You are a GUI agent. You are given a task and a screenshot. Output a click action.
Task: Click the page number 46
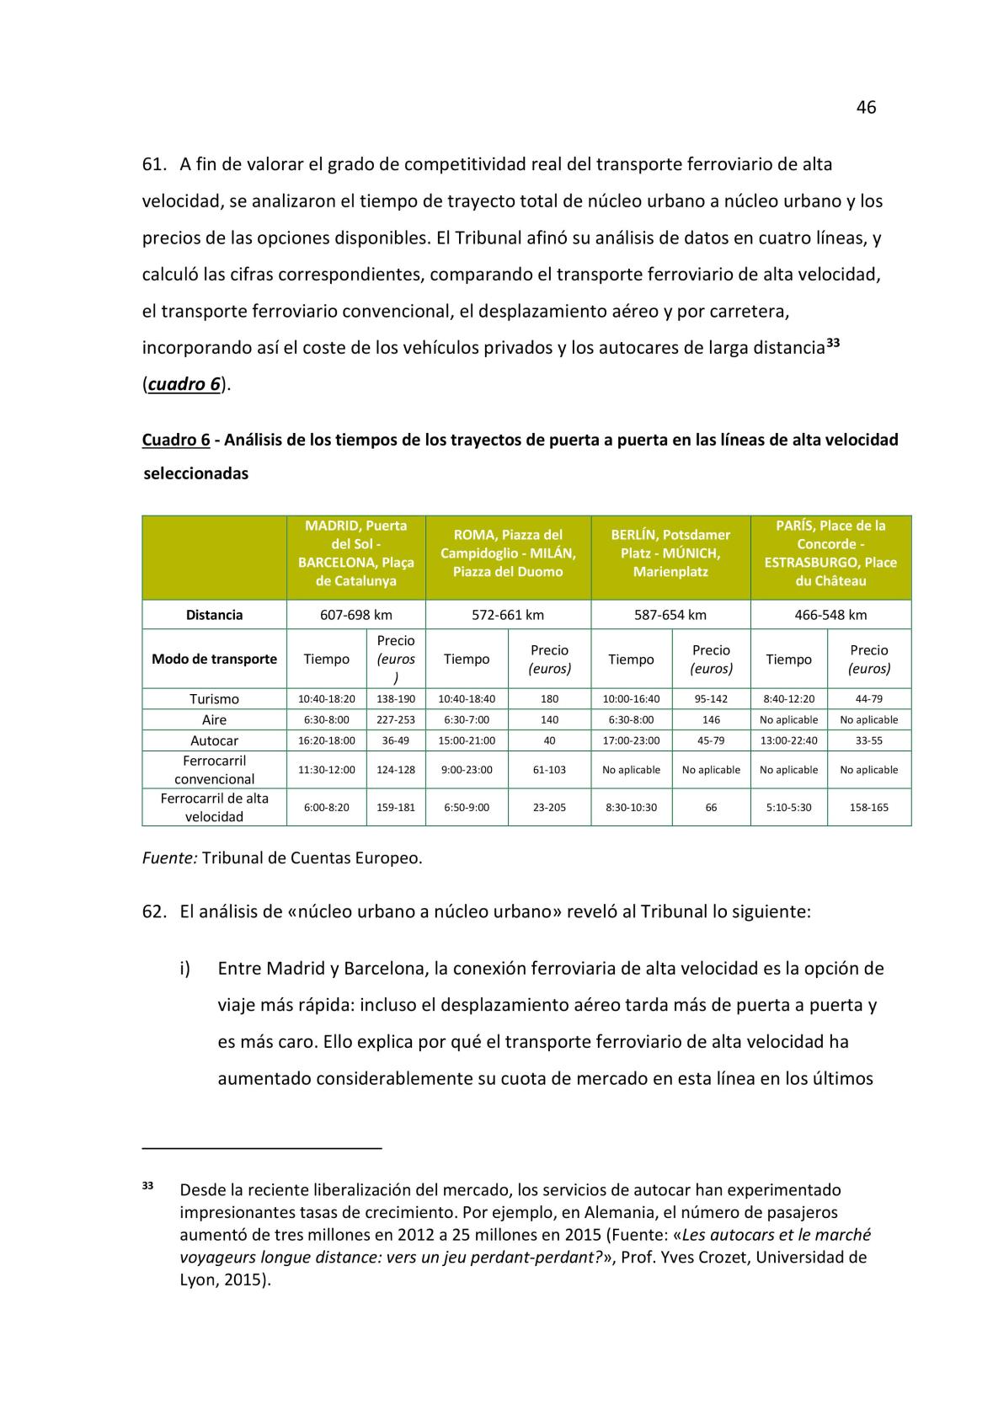tap(866, 107)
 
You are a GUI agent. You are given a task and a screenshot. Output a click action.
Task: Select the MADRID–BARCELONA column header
tap(355, 553)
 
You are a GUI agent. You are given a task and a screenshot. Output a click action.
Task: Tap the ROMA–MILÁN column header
tap(508, 553)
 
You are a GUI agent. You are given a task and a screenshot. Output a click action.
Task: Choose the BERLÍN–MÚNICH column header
tap(670, 553)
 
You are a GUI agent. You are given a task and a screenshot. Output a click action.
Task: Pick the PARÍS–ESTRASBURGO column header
tap(830, 553)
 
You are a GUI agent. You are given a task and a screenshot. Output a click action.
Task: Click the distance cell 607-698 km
tap(355, 615)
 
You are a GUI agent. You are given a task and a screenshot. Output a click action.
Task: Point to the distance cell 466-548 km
tap(830, 615)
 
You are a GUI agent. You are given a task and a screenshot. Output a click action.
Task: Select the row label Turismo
tap(214, 699)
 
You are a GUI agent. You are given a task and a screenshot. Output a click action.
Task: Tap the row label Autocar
tap(214, 741)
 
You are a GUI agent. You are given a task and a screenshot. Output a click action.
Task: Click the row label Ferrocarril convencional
tap(214, 770)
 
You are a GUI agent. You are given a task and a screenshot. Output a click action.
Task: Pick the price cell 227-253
tap(396, 720)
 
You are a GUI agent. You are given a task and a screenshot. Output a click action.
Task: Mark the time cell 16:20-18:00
tap(326, 741)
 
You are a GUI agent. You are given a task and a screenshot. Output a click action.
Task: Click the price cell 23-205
tap(549, 808)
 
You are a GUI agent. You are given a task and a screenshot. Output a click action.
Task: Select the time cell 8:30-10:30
tap(631, 808)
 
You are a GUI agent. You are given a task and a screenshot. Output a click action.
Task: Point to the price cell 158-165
tap(868, 808)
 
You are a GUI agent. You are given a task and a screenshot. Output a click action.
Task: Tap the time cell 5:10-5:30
tap(788, 808)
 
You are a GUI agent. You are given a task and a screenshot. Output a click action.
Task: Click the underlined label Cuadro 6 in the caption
tap(175, 440)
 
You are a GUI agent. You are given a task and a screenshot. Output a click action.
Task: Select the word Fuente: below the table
tap(169, 858)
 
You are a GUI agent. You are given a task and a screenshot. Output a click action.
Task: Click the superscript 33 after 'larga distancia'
tap(832, 343)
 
